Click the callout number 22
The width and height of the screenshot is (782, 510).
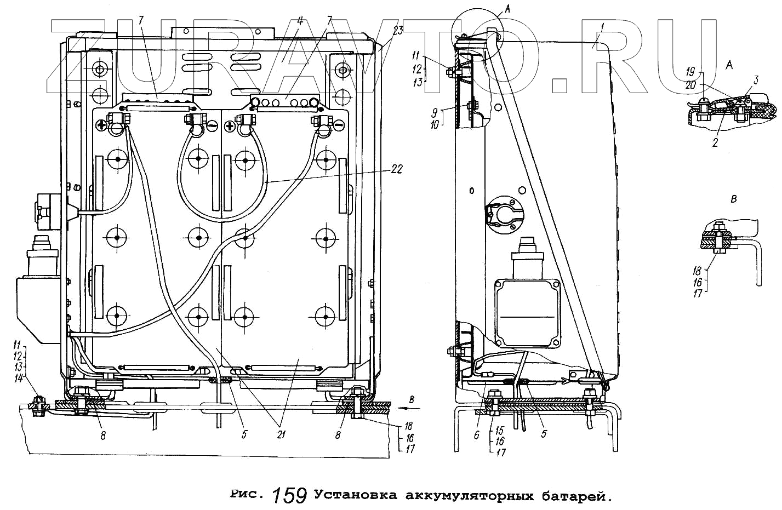coord(396,169)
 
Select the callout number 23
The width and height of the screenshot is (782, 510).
coord(398,31)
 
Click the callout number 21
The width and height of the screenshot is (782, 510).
coord(281,434)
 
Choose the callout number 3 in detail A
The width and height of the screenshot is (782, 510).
coord(755,81)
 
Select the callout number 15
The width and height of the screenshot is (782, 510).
coord(499,431)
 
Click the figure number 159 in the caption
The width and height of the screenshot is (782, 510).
coord(289,495)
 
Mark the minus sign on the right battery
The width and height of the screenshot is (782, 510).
coord(339,127)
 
